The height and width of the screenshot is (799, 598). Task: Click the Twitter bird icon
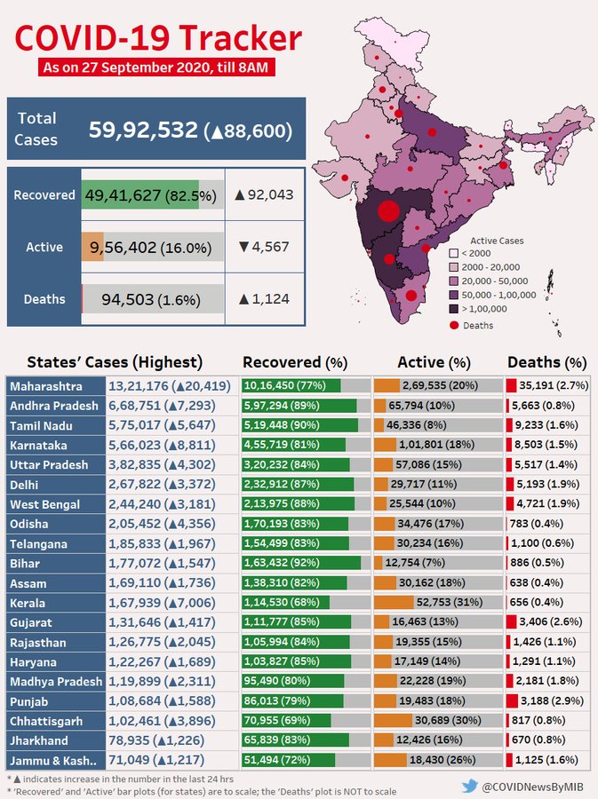pos(470,787)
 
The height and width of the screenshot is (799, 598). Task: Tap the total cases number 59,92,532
pos(143,130)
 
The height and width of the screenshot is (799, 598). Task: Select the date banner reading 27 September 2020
pos(156,67)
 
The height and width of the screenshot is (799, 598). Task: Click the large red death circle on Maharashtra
pos(388,211)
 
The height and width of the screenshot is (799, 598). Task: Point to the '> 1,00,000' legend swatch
pos(454,309)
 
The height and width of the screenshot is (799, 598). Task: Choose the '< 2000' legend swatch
pos(454,253)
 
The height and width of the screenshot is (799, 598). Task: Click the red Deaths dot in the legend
pos(454,325)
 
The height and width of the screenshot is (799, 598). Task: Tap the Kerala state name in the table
pos(28,604)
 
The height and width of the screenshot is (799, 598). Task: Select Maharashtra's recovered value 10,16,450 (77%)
pos(284,385)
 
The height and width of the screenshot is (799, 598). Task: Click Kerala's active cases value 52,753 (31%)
pos(449,602)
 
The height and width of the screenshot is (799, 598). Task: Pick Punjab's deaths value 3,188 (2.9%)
pos(552,700)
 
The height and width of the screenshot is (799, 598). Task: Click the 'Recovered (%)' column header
pos(295,362)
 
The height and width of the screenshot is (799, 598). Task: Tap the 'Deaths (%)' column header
pos(547,362)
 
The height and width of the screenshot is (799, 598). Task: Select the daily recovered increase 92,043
pos(264,194)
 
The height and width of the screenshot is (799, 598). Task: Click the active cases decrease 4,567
pos(264,247)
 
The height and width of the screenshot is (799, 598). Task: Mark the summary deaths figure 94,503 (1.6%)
pos(151,300)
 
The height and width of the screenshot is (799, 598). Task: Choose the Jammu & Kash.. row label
pos(53,761)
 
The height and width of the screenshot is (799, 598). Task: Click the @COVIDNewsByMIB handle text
pos(533,787)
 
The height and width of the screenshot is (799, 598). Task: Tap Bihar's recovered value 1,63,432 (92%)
pos(282,563)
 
